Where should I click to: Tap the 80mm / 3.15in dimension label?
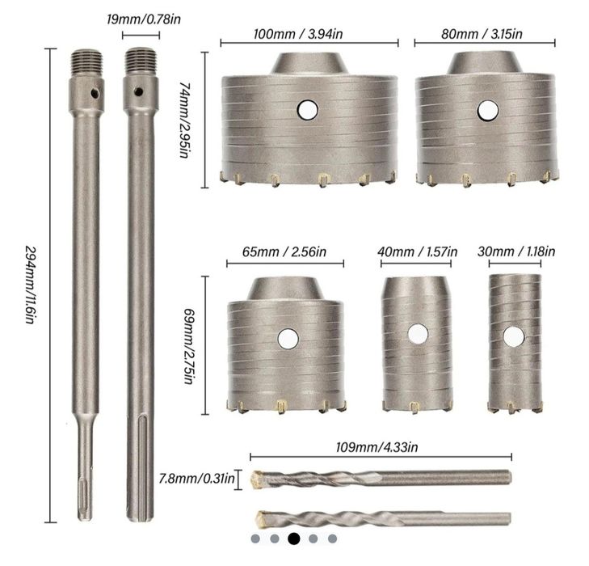[x=484, y=34]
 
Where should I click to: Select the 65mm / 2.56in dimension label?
[x=285, y=252]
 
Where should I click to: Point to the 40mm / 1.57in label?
[x=418, y=252]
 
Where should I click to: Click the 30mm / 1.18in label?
[x=516, y=252]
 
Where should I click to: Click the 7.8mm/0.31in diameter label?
[x=194, y=479]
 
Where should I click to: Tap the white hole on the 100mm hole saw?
[x=308, y=108]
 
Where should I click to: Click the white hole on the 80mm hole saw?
[x=486, y=109]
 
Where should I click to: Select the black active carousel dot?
[x=293, y=538]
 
